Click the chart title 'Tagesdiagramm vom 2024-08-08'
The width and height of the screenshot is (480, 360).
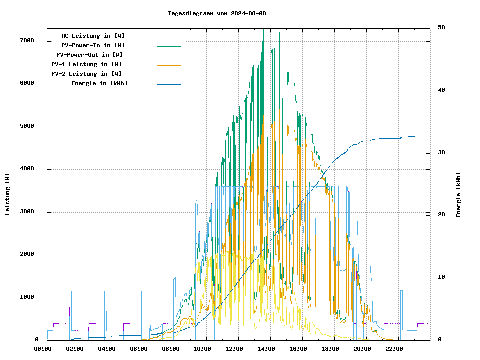tap(217, 13)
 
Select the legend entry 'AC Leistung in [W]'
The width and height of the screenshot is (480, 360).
tap(93, 36)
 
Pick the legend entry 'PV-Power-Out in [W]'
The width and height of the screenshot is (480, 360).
tap(90, 55)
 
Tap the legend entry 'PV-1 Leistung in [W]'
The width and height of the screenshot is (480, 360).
tap(86, 64)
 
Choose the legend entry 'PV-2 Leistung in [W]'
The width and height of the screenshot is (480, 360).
tap(86, 74)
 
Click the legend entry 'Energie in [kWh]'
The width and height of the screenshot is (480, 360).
tap(99, 83)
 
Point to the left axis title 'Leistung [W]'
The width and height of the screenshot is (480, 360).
tap(7, 194)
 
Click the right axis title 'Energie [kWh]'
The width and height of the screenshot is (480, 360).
tap(458, 195)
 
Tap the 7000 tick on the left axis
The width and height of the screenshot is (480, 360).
tap(27, 41)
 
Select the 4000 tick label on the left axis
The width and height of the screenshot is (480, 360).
tap(27, 169)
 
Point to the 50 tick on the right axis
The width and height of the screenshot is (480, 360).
tap(442, 27)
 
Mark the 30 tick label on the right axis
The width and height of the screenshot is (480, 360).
tap(442, 152)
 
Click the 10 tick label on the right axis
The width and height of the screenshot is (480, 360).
tap(442, 277)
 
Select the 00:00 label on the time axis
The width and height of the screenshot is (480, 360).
tap(43, 349)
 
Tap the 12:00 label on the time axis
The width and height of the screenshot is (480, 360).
tap(234, 349)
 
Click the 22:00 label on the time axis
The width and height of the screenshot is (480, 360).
tap(394, 349)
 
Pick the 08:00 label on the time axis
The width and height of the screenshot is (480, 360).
tap(171, 349)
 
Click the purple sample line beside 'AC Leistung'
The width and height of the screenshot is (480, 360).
tap(168, 37)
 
